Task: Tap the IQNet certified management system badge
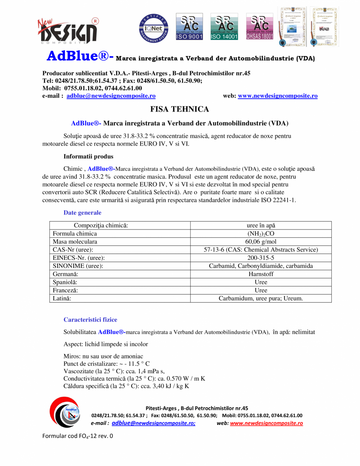(x=153, y=28)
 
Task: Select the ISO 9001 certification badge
(x=189, y=27)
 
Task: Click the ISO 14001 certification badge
(x=224, y=27)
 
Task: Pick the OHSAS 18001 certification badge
(x=259, y=27)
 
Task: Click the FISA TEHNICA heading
(x=180, y=109)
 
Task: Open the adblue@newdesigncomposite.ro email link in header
(x=111, y=96)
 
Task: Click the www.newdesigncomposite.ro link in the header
(x=277, y=96)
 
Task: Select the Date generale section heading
(x=82, y=213)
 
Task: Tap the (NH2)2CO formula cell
(x=261, y=233)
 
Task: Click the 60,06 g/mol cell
(x=261, y=242)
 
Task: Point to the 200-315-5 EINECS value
(x=261, y=258)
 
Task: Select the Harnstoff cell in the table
(x=261, y=274)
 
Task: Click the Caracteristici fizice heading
(x=90, y=320)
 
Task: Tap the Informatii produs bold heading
(x=89, y=156)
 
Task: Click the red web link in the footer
(x=266, y=423)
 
